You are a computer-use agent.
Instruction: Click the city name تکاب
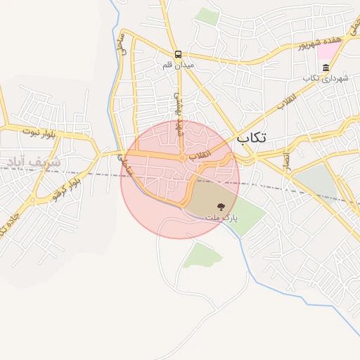(252, 138)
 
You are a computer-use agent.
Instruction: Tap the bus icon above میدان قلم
(178, 53)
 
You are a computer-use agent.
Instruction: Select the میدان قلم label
(178, 65)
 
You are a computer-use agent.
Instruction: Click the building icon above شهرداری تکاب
(326, 67)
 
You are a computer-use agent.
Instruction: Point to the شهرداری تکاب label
(326, 78)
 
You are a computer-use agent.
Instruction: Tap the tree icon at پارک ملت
(221, 207)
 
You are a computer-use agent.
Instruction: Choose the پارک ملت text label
(221, 218)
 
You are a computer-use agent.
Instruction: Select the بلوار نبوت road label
(37, 131)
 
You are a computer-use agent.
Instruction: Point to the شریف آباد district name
(35, 162)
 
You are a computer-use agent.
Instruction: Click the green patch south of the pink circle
(201, 254)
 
